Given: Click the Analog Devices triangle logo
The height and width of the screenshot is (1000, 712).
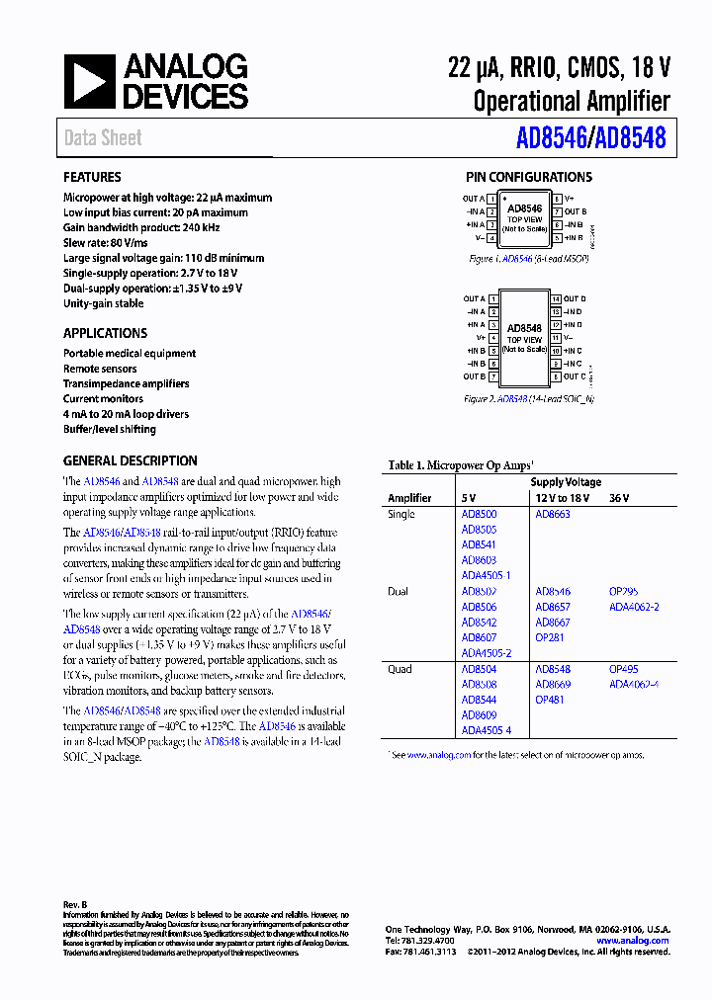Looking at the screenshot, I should coord(88,82).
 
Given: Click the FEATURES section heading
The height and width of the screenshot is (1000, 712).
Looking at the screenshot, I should coord(93,178).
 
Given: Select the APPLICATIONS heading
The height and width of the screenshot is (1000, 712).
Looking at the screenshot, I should coord(105,334).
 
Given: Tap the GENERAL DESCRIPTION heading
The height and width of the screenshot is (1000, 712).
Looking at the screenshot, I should coord(130,461).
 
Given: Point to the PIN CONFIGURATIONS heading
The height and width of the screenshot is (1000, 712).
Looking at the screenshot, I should coord(529,178).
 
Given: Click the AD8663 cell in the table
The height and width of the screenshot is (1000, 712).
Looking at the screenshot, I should coord(553,515).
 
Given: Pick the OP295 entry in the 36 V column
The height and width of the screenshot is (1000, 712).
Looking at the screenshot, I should coord(624,592).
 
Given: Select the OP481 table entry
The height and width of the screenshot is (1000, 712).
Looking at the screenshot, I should coord(550,700).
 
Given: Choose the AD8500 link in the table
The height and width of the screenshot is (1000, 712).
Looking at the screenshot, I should coord(479,515).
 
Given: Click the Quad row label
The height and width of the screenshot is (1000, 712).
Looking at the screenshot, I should coord(400,669).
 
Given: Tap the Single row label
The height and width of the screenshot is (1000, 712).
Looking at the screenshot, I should coord(401,515).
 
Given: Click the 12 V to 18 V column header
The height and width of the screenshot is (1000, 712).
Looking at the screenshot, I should coord(562,499).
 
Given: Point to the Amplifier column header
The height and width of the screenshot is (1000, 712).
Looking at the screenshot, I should coord(409,499).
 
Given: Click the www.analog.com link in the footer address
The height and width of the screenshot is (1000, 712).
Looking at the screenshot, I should coord(632,941).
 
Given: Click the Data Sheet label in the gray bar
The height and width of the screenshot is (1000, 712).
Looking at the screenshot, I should coord(103,138).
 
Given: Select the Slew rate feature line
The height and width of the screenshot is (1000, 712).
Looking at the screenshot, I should coord(106,243).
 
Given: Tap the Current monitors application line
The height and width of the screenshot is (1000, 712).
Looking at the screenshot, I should coord(103,399).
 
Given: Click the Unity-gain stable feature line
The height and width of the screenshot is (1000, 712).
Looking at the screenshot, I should coord(103,304).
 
